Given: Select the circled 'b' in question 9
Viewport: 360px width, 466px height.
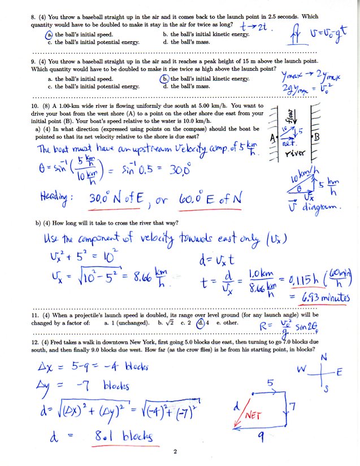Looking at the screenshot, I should (165, 79).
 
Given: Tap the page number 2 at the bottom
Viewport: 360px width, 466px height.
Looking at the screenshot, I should (175, 452).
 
